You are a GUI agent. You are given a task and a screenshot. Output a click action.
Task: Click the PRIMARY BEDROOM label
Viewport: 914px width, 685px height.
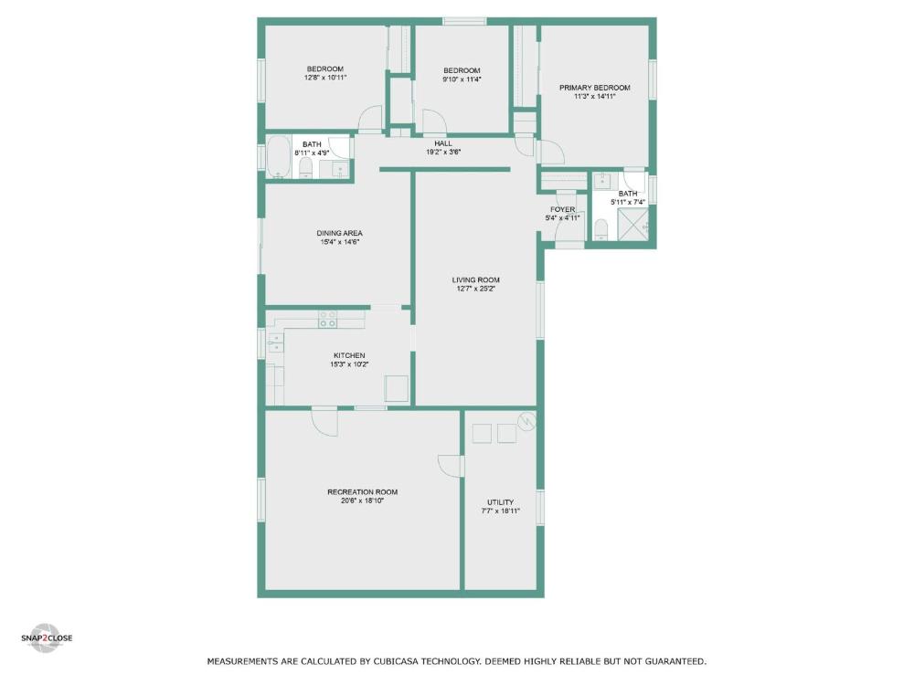(594, 88)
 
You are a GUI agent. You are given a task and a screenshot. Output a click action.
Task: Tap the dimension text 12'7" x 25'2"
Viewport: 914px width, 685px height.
(476, 290)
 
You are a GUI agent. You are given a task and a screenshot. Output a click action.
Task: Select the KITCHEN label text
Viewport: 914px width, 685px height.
(349, 355)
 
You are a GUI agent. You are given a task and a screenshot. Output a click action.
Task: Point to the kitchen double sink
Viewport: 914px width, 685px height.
(275, 342)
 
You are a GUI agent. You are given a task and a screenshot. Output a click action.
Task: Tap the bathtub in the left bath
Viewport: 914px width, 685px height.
(278, 155)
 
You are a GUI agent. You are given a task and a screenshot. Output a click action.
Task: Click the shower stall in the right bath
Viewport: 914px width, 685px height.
(632, 223)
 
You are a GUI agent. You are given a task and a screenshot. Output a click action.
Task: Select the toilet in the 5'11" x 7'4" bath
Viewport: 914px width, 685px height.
(600, 229)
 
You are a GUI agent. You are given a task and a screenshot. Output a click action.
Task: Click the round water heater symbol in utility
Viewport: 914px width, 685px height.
(526, 420)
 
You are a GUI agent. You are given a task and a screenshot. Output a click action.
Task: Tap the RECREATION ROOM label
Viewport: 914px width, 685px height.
(362, 492)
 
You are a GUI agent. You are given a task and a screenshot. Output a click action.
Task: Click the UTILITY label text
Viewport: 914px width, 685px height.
(500, 502)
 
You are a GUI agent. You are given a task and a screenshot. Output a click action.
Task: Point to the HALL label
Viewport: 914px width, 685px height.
(443, 143)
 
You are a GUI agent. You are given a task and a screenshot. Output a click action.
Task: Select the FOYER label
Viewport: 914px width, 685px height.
(562, 209)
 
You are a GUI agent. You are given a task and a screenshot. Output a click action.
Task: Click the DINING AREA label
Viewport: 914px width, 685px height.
(339, 233)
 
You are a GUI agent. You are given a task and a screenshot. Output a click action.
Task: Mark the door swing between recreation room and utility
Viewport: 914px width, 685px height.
(448, 465)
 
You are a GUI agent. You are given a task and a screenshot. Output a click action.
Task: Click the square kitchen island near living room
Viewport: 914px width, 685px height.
(397, 388)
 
